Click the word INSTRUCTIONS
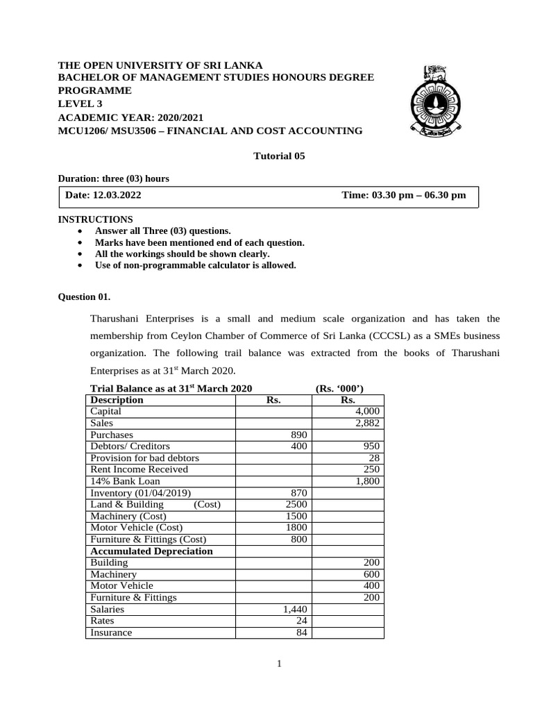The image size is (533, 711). coord(95,219)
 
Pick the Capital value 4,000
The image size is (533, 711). coord(367,411)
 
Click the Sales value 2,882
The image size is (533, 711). coord(367,423)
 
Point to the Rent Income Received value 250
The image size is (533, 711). coord(371,469)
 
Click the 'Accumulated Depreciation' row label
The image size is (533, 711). coord(151,551)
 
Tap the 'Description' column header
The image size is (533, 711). coord(117,400)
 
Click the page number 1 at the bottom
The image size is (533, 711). coord(279,664)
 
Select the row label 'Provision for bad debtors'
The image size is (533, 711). coord(144,458)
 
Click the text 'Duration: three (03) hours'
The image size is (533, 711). coord(113,178)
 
